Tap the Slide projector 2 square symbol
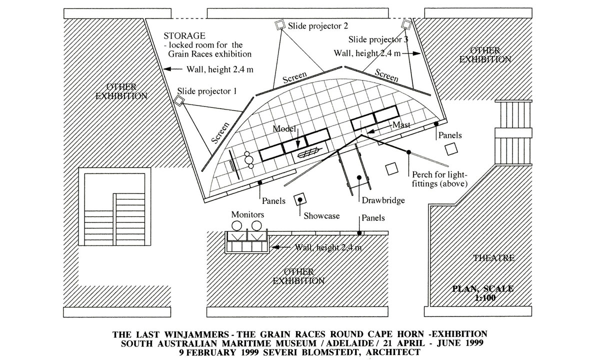(279, 25)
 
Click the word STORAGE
(184, 36)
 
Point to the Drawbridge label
(382, 201)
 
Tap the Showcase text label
(321, 216)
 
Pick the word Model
(283, 128)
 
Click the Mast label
(401, 125)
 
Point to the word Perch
(423, 175)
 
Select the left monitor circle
(238, 226)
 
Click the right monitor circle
(257, 226)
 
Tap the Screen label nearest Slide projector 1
(220, 133)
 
